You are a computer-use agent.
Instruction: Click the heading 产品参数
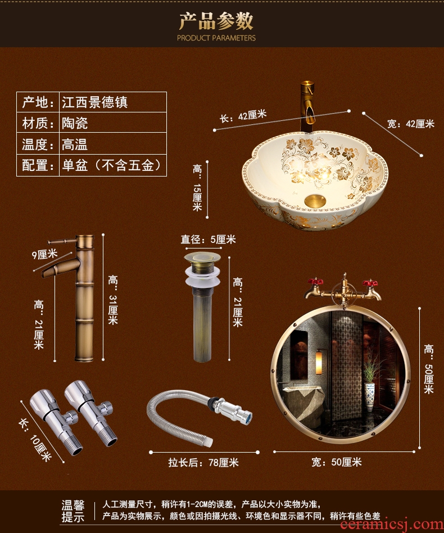pyautogui.click(x=216, y=21)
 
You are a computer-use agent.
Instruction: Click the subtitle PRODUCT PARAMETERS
pyautogui.click(x=216, y=38)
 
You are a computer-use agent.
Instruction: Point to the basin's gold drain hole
pyautogui.click(x=315, y=201)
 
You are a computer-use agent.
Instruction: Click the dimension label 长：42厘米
pyautogui.click(x=243, y=116)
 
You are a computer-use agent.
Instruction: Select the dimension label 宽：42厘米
pyautogui.click(x=411, y=124)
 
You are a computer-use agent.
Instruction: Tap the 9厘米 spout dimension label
pyautogui.click(x=44, y=254)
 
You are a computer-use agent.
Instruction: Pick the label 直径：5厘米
pyautogui.click(x=208, y=240)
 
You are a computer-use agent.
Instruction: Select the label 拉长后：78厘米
pyautogui.click(x=203, y=463)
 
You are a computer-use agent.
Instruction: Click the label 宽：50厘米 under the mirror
pyautogui.click(x=337, y=462)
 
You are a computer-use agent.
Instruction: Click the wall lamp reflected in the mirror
pyautogui.click(x=319, y=363)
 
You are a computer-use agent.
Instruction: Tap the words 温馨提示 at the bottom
pyautogui.click(x=73, y=511)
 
